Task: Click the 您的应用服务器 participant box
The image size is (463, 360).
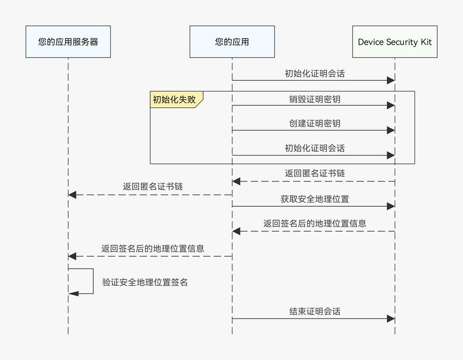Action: pyautogui.click(x=68, y=42)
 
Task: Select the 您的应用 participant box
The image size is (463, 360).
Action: pyautogui.click(x=232, y=42)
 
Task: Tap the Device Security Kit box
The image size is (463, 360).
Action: pyautogui.click(x=395, y=42)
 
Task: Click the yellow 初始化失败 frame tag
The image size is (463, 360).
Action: pyautogui.click(x=174, y=99)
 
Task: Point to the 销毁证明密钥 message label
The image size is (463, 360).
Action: pyautogui.click(x=315, y=99)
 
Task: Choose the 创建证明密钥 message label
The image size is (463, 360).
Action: pyautogui.click(x=315, y=124)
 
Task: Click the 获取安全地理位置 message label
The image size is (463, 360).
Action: pyautogui.click(x=315, y=199)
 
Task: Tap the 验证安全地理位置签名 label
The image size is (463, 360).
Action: pyautogui.click(x=145, y=282)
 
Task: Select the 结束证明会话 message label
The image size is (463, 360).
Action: pyautogui.click(x=315, y=311)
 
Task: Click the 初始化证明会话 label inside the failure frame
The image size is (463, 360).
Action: pyautogui.click(x=315, y=148)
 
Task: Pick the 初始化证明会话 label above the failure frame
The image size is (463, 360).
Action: pyautogui.click(x=315, y=73)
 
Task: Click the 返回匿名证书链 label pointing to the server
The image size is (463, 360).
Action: pyautogui.click(x=153, y=186)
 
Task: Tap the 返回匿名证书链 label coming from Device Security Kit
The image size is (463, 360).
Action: pyautogui.click(x=315, y=174)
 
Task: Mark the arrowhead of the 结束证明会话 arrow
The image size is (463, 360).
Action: pyautogui.click(x=391, y=318)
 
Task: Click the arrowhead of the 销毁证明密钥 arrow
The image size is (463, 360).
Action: pyautogui.click(x=391, y=106)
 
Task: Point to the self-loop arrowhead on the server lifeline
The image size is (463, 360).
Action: pyautogui.click(x=72, y=294)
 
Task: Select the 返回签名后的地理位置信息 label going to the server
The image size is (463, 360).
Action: pyautogui.click(x=153, y=248)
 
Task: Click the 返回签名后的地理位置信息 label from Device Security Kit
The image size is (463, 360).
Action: pyautogui.click(x=315, y=223)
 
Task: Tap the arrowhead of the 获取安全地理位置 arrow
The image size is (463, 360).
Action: pyautogui.click(x=391, y=206)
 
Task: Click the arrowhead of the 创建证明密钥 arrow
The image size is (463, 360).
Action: pyautogui.click(x=391, y=131)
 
